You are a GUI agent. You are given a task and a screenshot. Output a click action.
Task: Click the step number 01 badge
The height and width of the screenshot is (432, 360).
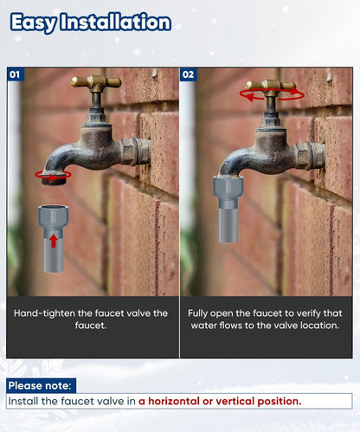(x=15, y=74)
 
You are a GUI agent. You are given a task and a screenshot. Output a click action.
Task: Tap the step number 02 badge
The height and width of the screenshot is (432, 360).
(x=188, y=74)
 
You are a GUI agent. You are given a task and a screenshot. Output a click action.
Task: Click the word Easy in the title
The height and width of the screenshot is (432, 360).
(x=33, y=23)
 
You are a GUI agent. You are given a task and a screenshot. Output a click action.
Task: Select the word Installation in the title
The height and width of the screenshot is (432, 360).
(x=116, y=22)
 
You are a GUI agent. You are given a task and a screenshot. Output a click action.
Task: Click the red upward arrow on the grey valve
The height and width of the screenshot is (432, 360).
(x=53, y=241)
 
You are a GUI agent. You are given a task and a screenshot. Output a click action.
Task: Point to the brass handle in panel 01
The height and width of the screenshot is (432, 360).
(x=96, y=82)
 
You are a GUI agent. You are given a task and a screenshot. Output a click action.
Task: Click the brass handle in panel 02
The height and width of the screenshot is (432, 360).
(x=271, y=85)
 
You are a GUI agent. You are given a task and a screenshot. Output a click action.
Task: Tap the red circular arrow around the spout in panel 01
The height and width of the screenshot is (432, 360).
(x=54, y=175)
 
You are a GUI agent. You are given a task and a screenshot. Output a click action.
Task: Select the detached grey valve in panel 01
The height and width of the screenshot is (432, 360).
(x=54, y=238)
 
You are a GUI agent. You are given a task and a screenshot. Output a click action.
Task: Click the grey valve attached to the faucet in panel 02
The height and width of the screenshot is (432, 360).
(x=228, y=210)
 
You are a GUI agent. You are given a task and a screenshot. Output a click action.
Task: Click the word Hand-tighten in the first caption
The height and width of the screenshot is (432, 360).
(x=44, y=313)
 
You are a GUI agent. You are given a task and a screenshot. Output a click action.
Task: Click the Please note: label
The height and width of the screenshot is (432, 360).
(x=40, y=385)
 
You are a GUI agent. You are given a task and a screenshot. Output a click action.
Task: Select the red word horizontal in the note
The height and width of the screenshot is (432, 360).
(x=174, y=401)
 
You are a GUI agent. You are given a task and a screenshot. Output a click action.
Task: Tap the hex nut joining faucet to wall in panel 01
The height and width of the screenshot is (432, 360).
(x=129, y=152)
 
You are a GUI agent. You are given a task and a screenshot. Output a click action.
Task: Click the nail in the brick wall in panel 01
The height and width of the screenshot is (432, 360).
(x=155, y=74)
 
